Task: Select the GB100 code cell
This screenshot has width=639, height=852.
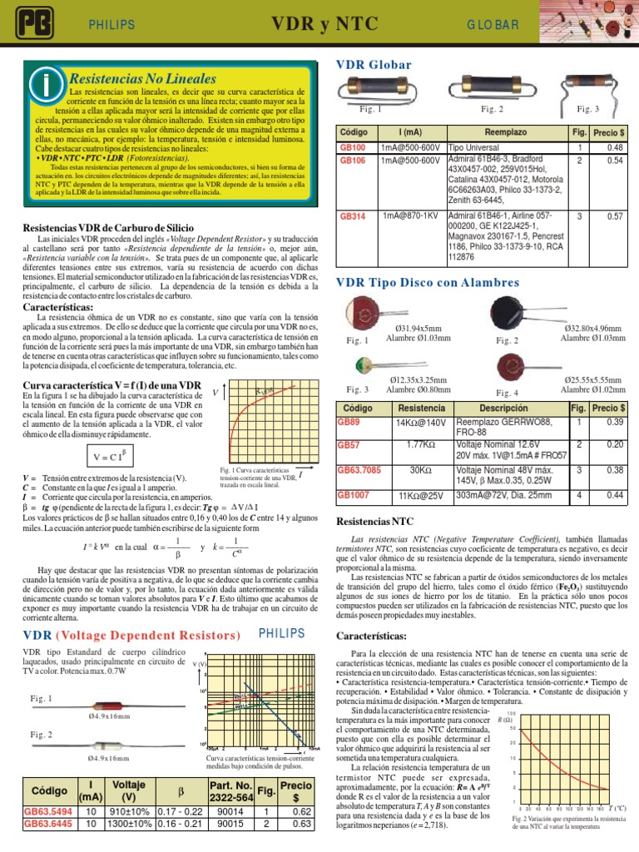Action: pyautogui.click(x=353, y=146)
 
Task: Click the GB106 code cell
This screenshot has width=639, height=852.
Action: pyautogui.click(x=353, y=160)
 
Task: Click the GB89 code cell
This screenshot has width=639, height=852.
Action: pyautogui.click(x=349, y=422)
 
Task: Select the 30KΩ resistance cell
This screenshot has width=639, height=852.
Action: pyautogui.click(x=416, y=471)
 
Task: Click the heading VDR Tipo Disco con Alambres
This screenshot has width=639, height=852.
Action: pyautogui.click(x=427, y=283)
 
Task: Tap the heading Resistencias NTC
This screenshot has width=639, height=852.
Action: pyautogui.click(x=373, y=522)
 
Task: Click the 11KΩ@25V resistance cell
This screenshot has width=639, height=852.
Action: pyautogui.click(x=416, y=495)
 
